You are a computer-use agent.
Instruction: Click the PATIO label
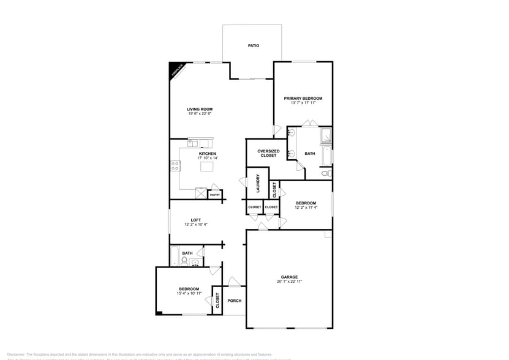(253, 46)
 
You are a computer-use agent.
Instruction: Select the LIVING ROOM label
(200, 109)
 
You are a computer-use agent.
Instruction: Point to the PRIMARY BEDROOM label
(303, 98)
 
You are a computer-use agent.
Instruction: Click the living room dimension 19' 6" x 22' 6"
(200, 114)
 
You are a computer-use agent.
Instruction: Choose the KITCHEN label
(208, 153)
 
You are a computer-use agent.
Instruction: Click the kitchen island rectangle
(209, 167)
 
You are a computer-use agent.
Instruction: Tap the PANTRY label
(215, 195)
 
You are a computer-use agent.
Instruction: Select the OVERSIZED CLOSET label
(268, 153)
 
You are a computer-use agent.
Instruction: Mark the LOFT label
(196, 220)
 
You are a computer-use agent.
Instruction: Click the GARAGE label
(289, 277)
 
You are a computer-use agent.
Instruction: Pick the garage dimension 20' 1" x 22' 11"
(289, 282)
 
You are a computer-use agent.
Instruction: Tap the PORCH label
(235, 301)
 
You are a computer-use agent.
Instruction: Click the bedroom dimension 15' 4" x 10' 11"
(189, 293)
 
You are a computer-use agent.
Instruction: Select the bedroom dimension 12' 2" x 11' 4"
(306, 208)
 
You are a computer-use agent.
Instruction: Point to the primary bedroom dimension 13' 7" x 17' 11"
(303, 103)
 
